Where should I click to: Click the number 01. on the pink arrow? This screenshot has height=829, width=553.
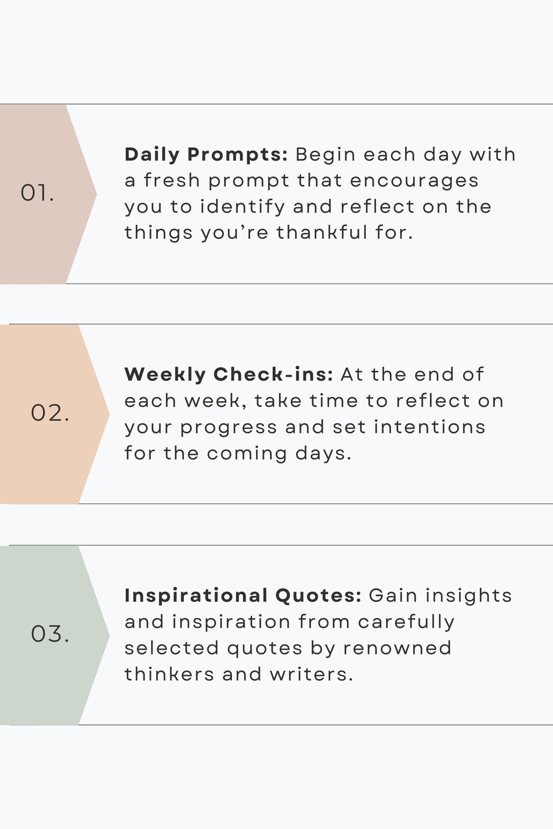(x=37, y=193)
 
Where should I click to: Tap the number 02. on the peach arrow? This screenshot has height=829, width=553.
(x=50, y=413)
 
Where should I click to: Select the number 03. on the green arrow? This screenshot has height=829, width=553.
(x=50, y=634)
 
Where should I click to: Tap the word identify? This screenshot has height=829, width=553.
(x=243, y=207)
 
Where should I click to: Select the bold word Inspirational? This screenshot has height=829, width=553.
(x=196, y=596)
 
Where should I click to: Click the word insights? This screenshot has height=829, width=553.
(x=469, y=596)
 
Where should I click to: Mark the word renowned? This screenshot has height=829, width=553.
(x=397, y=648)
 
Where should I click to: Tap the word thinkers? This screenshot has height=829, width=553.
(x=170, y=674)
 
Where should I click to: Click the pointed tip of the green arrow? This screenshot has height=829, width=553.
(x=109, y=635)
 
